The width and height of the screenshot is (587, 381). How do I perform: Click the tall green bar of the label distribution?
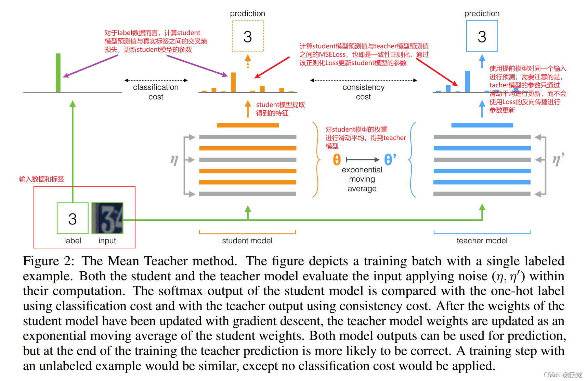coord(58,73)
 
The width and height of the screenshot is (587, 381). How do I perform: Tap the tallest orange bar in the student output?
coord(233,82)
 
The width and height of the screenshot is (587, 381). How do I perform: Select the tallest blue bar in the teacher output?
coord(468,82)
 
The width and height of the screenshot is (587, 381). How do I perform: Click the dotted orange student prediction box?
coord(248,36)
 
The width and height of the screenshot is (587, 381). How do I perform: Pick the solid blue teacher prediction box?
coord(482,36)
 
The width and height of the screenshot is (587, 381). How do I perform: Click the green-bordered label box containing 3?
coord(73,218)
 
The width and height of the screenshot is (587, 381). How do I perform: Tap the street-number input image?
coord(107,218)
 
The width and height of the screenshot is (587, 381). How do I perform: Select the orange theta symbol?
coord(337,160)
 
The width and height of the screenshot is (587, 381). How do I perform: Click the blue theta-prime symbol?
coord(390,160)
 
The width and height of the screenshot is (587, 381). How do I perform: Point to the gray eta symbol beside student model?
coord(174,160)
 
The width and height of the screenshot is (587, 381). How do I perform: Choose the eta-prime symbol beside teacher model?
coord(558,160)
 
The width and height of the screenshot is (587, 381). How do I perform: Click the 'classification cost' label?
coord(156,92)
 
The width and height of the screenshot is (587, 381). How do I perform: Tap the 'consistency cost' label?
coord(363,92)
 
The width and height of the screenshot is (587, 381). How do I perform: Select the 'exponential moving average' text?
coord(362,179)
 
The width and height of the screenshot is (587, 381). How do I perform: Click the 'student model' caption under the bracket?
coord(247,241)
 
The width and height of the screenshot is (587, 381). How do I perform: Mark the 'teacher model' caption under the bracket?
coord(482,241)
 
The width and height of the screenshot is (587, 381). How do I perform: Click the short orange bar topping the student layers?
coord(248,125)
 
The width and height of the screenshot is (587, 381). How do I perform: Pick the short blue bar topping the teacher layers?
coord(482,125)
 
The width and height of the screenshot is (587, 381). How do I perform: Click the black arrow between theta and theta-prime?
coord(363,160)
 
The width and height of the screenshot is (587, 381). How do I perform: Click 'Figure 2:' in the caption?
coord(49,261)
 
